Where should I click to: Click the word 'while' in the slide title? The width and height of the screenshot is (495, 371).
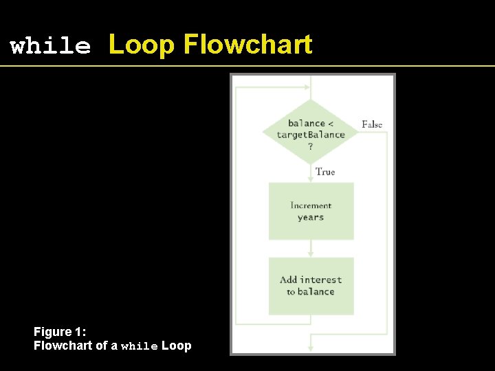50,47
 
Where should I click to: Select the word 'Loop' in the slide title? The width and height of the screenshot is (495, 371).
142,45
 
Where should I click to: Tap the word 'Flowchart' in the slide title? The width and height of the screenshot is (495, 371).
247,45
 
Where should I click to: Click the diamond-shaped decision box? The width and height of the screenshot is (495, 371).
311,131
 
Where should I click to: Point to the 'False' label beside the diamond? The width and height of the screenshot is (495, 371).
372,124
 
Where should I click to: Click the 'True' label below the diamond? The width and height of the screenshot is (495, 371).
325,172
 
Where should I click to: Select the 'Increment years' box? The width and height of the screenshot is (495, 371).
311,211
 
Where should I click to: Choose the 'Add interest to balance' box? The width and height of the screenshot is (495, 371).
311,286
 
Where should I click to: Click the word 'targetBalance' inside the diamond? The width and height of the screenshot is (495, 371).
311,135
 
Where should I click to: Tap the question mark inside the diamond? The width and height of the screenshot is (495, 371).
311,146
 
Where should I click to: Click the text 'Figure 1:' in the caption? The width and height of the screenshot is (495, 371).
60,333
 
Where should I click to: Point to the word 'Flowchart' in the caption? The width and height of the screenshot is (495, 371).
61,346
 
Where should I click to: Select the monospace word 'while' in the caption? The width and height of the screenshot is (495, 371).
140,346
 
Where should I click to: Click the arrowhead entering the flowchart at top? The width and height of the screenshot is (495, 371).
306,87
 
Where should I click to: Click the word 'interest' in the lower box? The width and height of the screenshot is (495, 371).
321,280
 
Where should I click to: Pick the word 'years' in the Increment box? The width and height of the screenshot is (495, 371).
311,218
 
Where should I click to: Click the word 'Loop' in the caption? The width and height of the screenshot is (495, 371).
177,346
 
